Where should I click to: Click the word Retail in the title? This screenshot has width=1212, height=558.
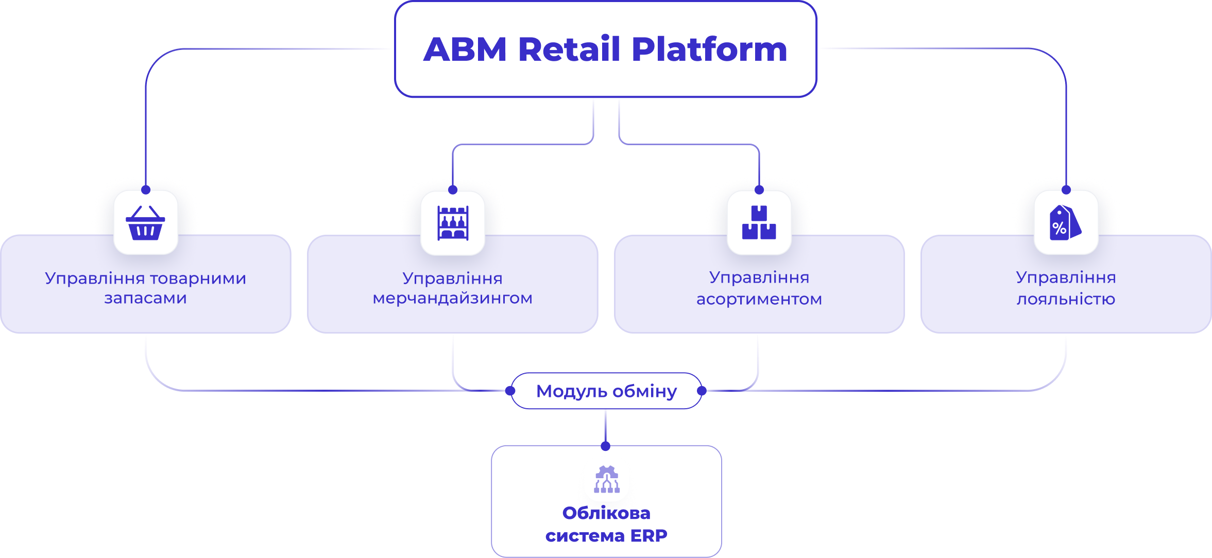point(569,49)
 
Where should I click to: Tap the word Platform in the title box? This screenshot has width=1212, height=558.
point(709,49)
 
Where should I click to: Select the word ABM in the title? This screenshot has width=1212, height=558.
point(465,49)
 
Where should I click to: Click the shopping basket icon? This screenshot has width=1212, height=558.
point(146,223)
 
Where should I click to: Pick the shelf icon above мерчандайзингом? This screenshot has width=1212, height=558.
point(453,223)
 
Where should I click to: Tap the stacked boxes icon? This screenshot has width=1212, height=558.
point(759,223)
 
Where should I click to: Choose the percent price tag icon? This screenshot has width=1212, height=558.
point(1065,223)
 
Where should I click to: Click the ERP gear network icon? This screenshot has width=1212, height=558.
point(607,479)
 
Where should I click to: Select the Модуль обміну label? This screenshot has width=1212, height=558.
point(606,391)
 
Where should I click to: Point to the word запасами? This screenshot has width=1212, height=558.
point(145,299)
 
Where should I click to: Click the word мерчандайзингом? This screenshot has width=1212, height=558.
point(452,299)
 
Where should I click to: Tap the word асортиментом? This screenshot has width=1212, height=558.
point(759,299)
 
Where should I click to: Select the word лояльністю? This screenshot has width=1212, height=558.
point(1066,299)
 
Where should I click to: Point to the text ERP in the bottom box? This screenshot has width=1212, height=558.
point(648,536)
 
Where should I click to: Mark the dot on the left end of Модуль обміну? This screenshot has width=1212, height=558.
point(510,391)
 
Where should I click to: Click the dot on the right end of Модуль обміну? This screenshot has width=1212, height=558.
point(702,391)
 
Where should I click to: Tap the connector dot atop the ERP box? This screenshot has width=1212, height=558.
point(606,446)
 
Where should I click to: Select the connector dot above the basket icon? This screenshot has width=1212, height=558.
point(146,190)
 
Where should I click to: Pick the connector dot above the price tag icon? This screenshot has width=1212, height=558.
point(1066,190)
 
